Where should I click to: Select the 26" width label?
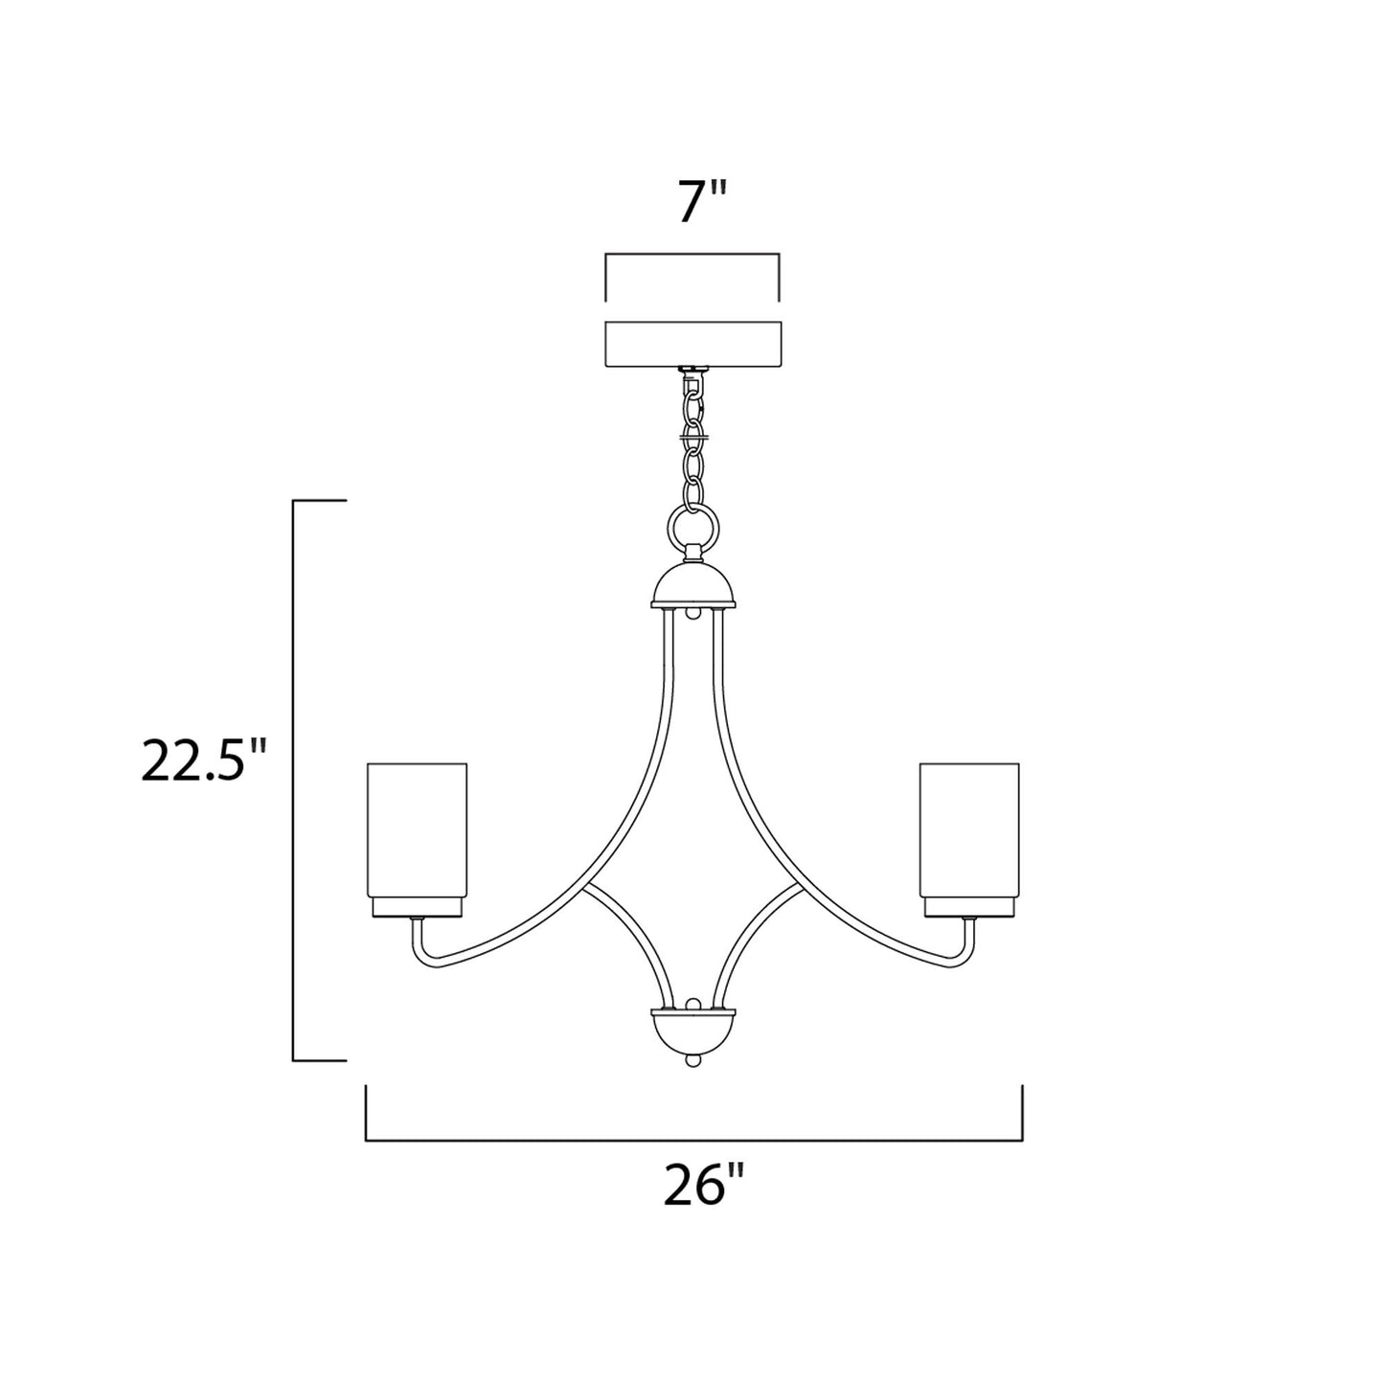pyautogui.click(x=703, y=1187)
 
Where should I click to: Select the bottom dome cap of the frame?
pyautogui.click(x=692, y=1032)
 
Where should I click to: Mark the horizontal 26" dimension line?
pyautogui.click(x=694, y=1140)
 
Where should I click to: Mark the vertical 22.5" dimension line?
pyautogui.click(x=294, y=781)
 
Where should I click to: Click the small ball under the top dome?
pyautogui.click(x=692, y=611)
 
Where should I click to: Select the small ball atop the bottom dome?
pyautogui.click(x=692, y=1004)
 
